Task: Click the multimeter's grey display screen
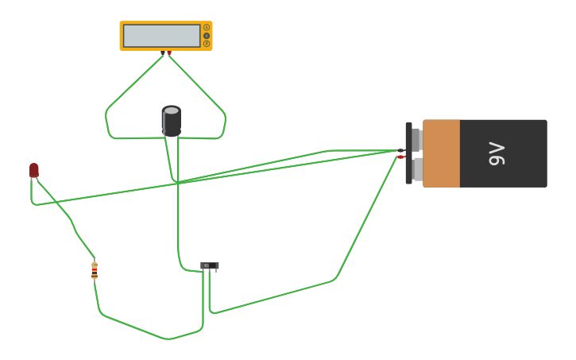(161, 36)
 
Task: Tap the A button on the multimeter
(207, 28)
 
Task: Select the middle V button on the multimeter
(207, 36)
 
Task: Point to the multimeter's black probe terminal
(163, 53)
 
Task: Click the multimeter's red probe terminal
(169, 53)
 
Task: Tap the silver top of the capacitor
(172, 110)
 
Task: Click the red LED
(34, 170)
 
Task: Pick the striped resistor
(95, 270)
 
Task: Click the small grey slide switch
(209, 265)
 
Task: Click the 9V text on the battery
(497, 153)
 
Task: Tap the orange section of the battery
(441, 153)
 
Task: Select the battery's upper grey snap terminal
(416, 140)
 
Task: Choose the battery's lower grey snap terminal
(416, 168)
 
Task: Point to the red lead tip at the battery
(401, 157)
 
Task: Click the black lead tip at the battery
(401, 150)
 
